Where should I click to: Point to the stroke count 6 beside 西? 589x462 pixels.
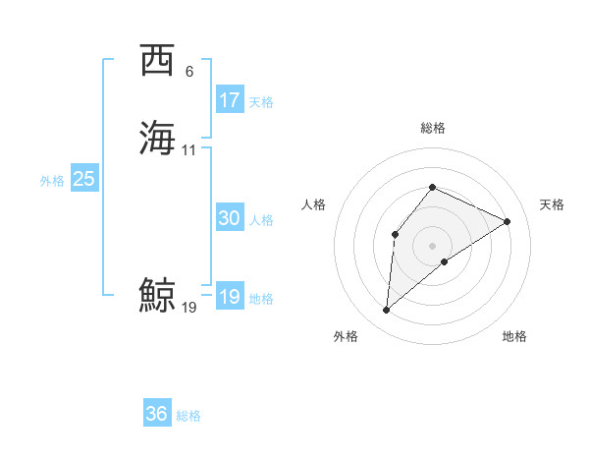click(188, 72)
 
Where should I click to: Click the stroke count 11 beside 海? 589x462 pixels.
click(189, 150)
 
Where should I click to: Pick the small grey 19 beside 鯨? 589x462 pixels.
click(189, 308)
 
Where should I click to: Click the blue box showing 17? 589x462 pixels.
click(230, 99)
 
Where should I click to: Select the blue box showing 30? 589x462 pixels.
click(230, 218)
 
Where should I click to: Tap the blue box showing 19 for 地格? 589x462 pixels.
click(230, 297)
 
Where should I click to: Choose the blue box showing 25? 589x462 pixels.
click(84, 179)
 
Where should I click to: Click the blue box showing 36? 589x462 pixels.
click(157, 414)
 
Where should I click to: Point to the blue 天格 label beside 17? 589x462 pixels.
click(261, 101)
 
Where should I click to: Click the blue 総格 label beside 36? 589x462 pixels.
click(188, 416)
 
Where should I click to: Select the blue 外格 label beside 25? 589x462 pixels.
click(52, 181)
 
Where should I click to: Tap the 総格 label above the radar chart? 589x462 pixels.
click(432, 128)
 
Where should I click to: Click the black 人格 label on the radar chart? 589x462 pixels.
click(314, 204)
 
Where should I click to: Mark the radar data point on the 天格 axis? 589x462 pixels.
click(508, 221)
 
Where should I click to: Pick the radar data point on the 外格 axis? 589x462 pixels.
click(386, 311)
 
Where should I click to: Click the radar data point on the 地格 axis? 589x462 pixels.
click(445, 260)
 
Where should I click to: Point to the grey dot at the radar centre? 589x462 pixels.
click(432, 246)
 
